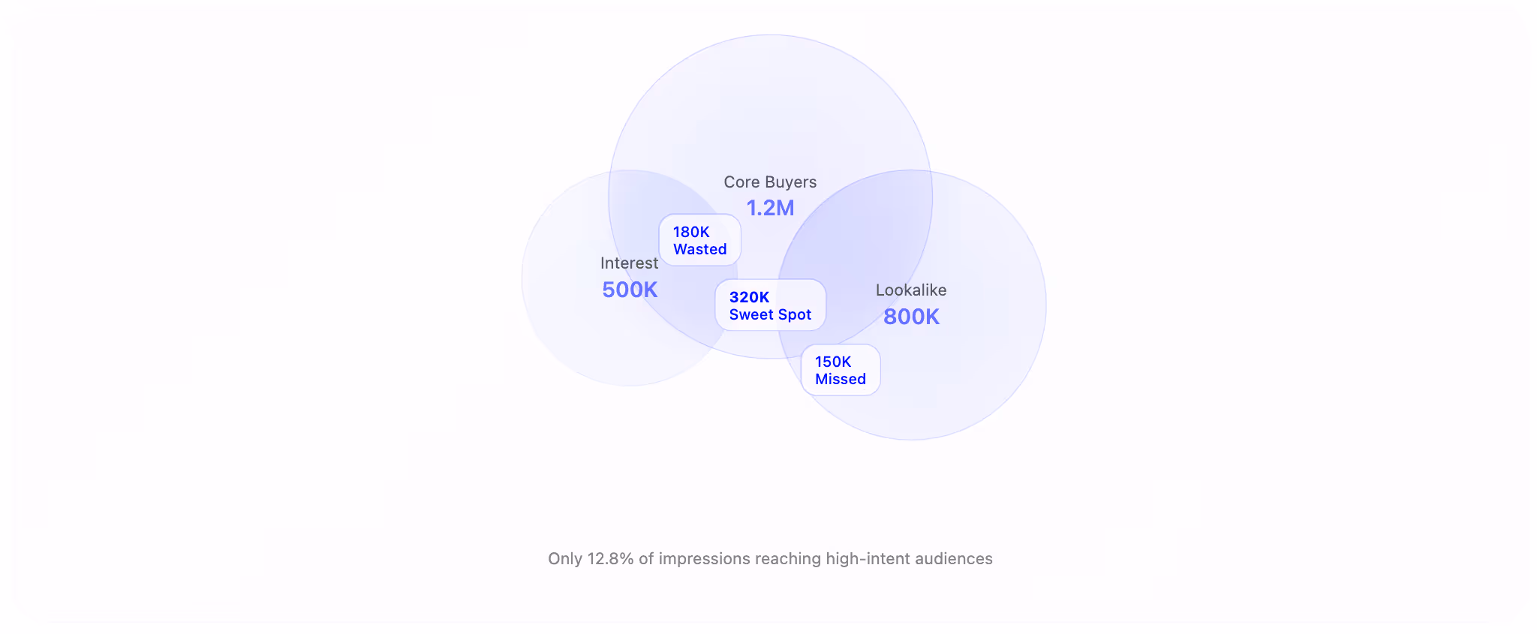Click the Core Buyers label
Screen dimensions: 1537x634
pos(770,182)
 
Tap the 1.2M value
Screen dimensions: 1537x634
pos(770,208)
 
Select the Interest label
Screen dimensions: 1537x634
pos(629,263)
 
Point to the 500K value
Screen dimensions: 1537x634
pos(630,290)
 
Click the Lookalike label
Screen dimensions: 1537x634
pos(911,290)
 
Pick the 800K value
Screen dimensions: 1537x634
pos(911,317)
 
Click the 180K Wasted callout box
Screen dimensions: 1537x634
pos(699,240)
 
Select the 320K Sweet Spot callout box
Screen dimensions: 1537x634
pos(770,305)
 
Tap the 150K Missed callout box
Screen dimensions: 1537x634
pos(841,370)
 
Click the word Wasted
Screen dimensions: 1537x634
pos(699,250)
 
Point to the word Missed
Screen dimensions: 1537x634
pos(841,380)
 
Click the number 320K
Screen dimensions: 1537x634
pos(749,297)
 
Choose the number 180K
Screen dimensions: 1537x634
pos(691,232)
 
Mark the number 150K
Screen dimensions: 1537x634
pos(833,362)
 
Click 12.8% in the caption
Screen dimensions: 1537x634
pos(610,559)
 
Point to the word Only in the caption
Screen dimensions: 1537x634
pos(565,559)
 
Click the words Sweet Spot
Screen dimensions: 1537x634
pos(770,315)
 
